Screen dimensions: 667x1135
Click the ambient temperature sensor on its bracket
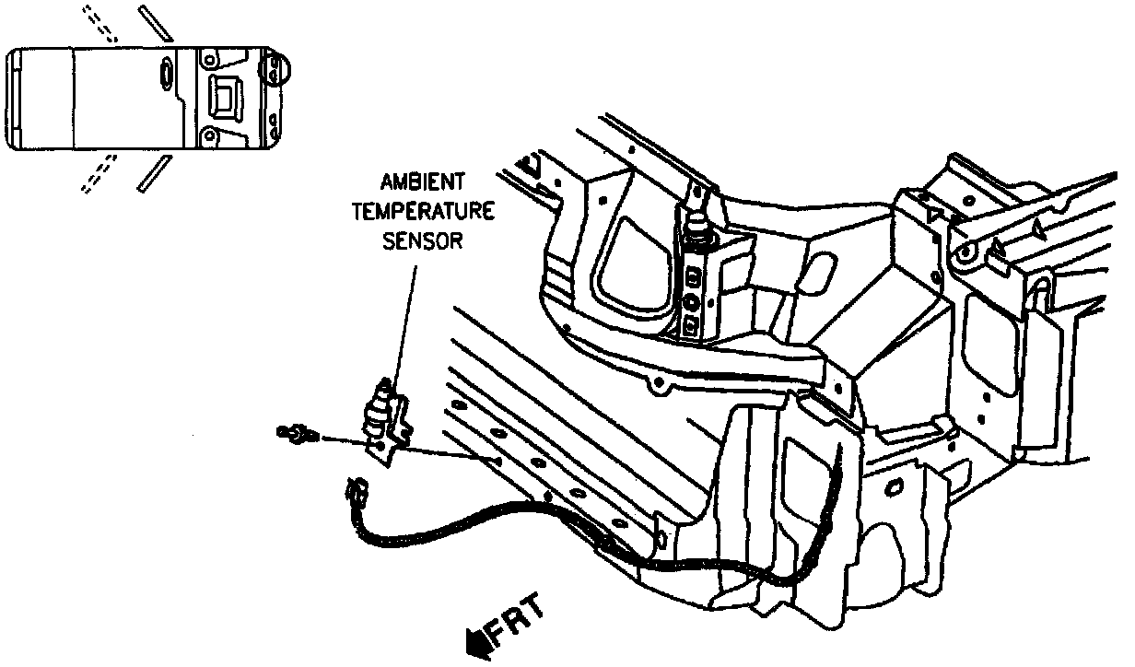point(379,412)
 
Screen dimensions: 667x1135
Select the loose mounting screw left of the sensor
point(297,430)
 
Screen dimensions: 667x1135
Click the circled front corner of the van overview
point(276,66)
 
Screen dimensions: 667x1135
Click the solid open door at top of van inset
point(154,24)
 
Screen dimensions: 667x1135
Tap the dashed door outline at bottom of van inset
point(98,173)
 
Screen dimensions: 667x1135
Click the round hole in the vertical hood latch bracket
point(691,300)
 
